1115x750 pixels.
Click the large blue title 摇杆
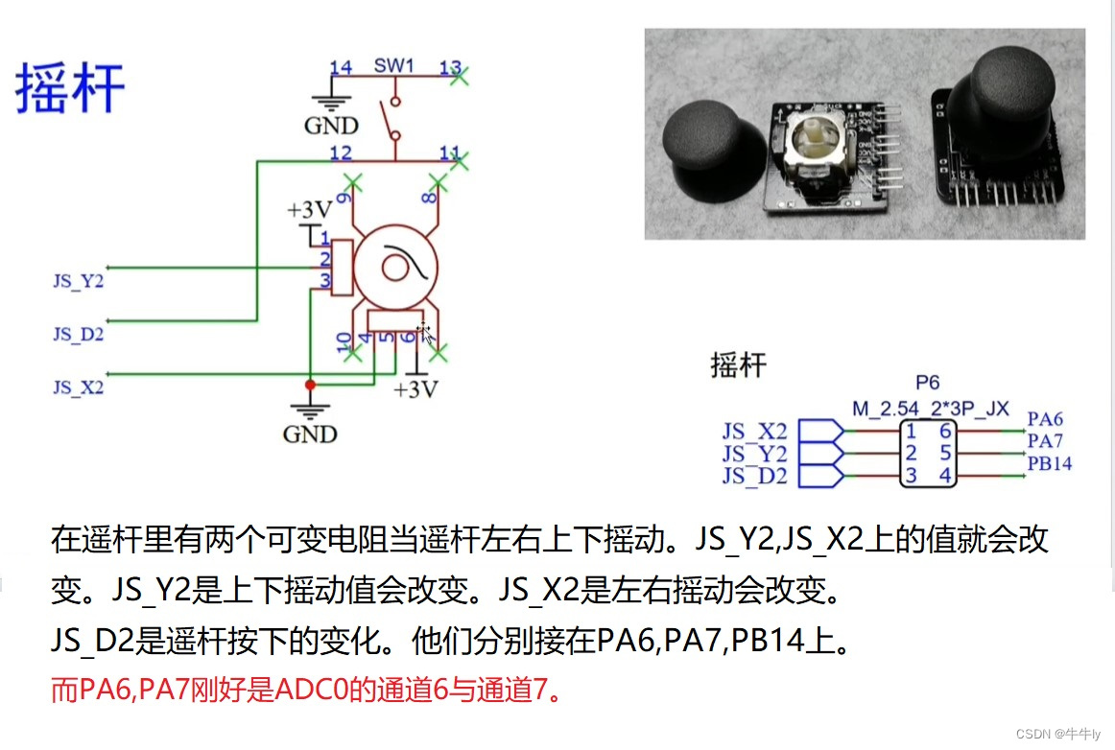70,89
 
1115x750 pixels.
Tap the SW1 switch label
393,67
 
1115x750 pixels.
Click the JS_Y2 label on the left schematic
79,282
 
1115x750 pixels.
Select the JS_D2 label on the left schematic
79,335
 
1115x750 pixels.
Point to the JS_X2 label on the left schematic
79,387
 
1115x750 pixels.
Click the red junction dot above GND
309,385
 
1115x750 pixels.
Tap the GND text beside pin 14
331,126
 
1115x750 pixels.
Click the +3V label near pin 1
309,210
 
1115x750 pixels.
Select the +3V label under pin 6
415,389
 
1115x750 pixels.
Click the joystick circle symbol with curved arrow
394,266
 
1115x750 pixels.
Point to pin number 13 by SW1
450,67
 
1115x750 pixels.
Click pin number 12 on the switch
340,153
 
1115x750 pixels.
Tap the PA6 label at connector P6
1045,419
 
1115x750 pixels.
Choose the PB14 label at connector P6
1049,464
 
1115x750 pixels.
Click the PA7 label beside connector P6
1045,441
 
